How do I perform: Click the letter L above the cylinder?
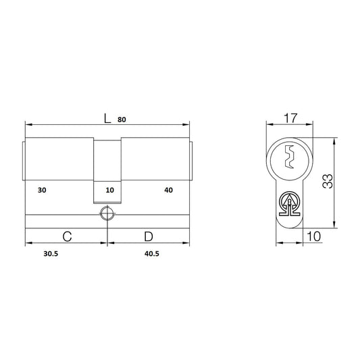click(x=107, y=119)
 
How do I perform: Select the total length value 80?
click(x=122, y=120)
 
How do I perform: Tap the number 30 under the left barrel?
click(x=42, y=190)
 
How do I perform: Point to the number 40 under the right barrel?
click(x=169, y=190)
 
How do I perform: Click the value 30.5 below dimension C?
click(x=51, y=254)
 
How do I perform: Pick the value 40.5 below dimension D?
click(x=152, y=254)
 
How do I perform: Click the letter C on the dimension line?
click(x=67, y=236)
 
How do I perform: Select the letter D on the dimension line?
click(x=149, y=236)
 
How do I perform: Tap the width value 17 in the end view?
click(x=290, y=118)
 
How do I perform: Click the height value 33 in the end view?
click(x=328, y=182)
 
